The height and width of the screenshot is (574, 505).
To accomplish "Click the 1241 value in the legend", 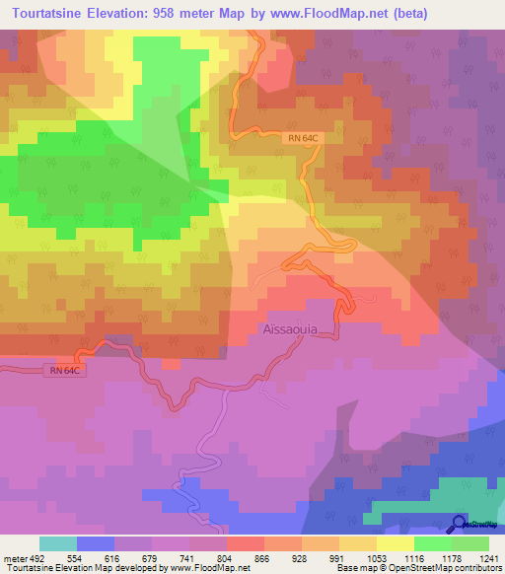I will [x=485, y=557].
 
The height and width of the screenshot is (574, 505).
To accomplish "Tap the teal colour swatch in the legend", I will [x=58, y=543].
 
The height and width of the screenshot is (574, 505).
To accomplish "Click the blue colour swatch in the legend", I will [x=96, y=543].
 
